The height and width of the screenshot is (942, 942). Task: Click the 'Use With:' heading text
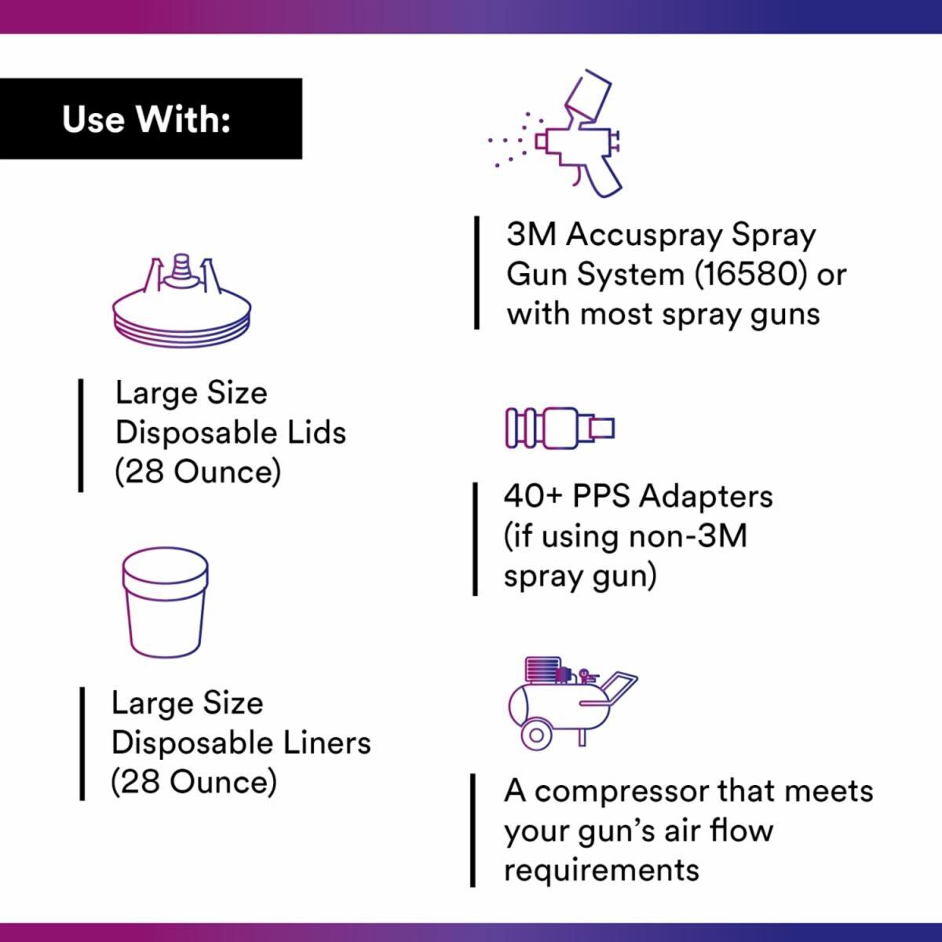coord(146,119)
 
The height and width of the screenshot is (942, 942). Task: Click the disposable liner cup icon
coord(165,603)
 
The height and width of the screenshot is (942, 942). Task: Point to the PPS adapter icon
coord(560,429)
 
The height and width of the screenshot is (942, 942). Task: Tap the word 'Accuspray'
coord(644,236)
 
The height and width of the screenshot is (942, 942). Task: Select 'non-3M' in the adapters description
coord(688,536)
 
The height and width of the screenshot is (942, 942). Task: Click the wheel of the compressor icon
coord(536,736)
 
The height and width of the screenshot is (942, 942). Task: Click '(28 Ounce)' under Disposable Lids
coord(198,473)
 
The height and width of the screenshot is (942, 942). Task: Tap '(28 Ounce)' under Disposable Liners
coord(194,782)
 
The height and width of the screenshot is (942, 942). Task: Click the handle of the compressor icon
coord(619,686)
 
